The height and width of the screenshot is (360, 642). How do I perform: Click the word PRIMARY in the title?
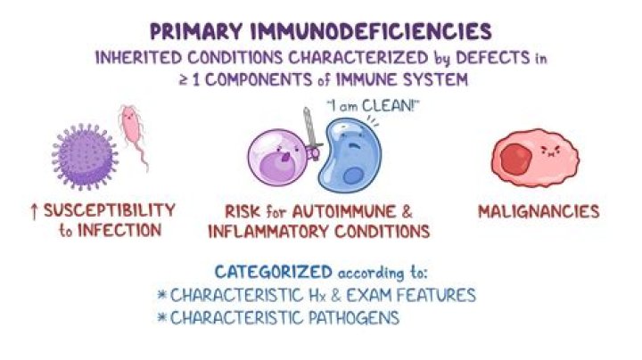tap(195, 32)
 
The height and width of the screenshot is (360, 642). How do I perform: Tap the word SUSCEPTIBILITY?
tap(110, 211)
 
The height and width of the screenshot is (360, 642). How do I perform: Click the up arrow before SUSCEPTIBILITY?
tap(34, 211)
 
